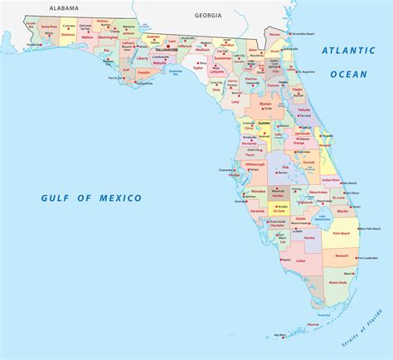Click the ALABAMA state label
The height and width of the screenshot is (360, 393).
pos(64,7)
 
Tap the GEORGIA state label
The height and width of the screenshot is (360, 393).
pos(207,15)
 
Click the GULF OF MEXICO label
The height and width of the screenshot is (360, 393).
pos(82,197)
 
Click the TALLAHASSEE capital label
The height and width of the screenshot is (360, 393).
pos(166,50)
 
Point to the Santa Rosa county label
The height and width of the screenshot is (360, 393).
pos(48,27)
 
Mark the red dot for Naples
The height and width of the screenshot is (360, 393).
pos(282,260)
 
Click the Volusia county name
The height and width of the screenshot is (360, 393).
pos(303,110)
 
